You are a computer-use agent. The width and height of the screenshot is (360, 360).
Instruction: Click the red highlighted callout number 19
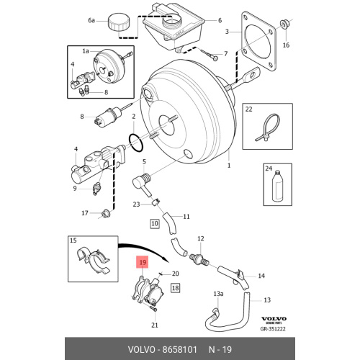coord(143,262)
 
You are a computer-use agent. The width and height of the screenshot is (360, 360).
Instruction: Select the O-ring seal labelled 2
coord(136,143)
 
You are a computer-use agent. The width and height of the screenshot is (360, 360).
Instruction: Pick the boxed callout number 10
coord(155,224)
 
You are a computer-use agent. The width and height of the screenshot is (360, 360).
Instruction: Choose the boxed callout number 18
coord(176,288)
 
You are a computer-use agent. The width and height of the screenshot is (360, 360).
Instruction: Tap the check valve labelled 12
coord(199,259)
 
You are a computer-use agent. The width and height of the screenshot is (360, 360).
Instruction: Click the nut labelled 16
coord(284,24)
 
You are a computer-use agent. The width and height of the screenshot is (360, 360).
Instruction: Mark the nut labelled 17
coord(105,213)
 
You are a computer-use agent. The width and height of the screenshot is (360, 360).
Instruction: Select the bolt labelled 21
coord(153,308)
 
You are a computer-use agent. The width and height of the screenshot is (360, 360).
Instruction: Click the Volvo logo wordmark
coord(274,319)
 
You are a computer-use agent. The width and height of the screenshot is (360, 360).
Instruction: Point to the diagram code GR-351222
coord(273,329)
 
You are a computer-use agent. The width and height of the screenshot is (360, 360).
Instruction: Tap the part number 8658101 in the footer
coord(180,349)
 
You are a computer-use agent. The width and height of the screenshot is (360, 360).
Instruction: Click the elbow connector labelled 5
coord(142,183)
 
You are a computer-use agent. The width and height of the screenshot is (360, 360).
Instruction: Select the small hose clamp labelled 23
coord(156,202)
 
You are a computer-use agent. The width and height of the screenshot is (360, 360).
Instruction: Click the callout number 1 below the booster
coord(229,166)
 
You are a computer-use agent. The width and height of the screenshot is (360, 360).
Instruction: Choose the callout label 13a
coord(218,294)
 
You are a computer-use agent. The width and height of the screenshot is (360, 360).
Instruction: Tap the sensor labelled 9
coord(97,189)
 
